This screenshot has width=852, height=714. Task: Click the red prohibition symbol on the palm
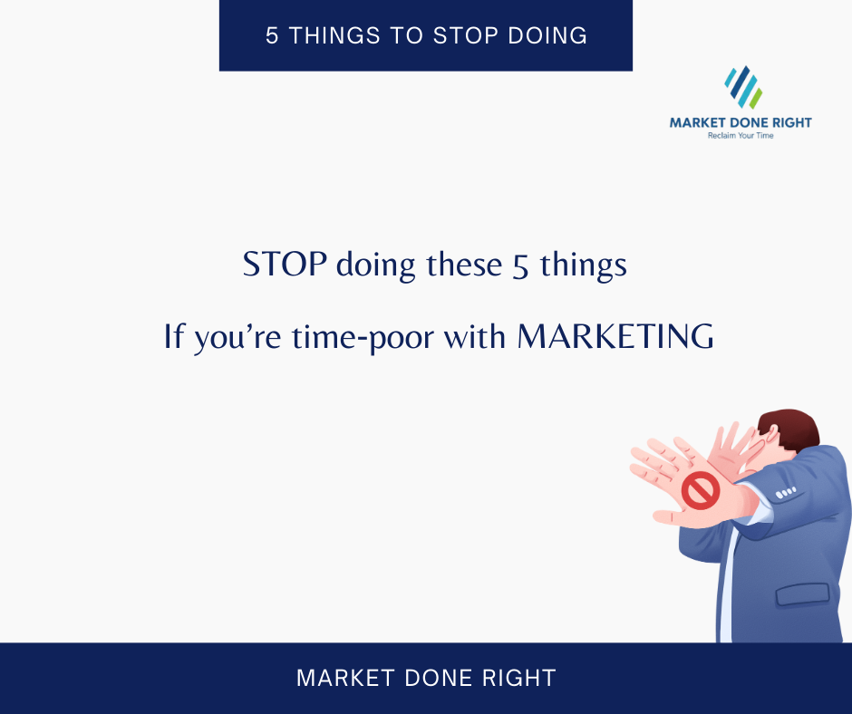pos(700,491)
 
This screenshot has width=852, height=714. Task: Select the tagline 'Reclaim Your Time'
pos(741,136)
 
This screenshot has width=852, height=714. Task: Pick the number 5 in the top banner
pos(271,35)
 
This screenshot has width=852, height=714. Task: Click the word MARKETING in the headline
pos(615,337)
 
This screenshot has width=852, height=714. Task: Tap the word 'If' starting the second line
pos(173,337)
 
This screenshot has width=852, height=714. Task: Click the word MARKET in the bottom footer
pos(340,678)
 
